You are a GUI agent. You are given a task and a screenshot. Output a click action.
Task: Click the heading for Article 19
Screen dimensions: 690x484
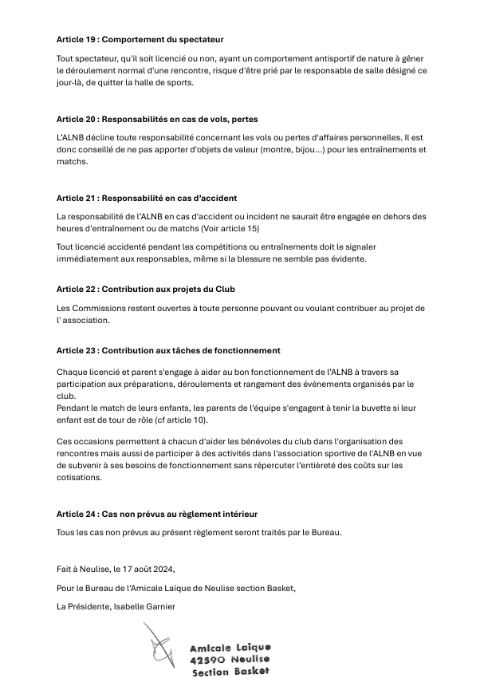[140, 38]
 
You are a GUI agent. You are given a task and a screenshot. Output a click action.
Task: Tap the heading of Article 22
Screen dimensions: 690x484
[145, 289]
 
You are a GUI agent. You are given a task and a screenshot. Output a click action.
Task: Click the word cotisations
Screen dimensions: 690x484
[79, 478]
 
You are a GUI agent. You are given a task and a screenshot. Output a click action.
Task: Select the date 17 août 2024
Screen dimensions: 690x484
[147, 569]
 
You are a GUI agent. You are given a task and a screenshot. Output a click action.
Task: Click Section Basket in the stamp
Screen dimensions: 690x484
[230, 672]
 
